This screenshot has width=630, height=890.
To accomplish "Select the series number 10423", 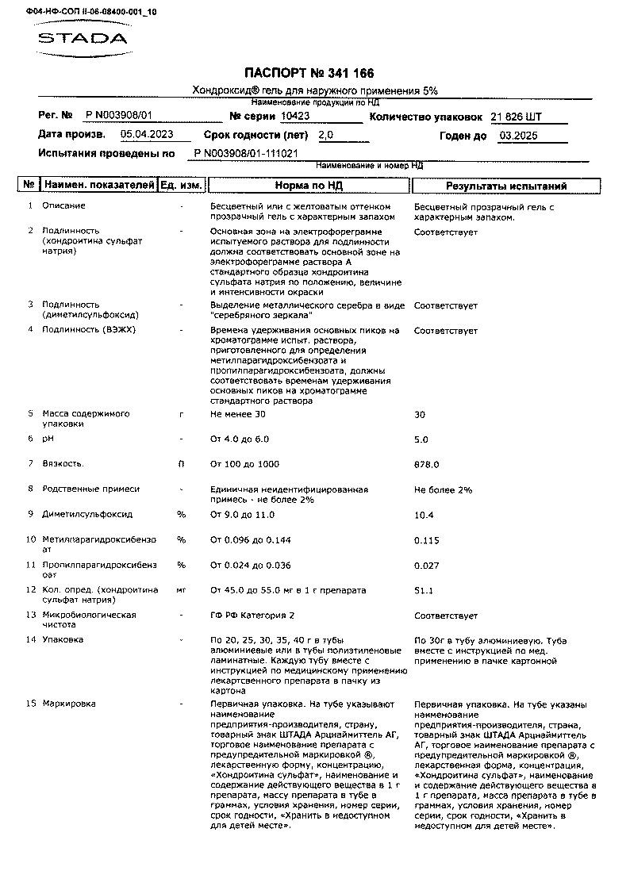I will pyautogui.click(x=295, y=116).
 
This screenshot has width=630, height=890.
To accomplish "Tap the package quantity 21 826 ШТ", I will pyautogui.click(x=517, y=117).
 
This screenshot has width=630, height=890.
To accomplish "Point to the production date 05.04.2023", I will pyautogui.click(x=147, y=135).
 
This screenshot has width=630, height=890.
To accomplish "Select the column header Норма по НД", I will pyautogui.click(x=308, y=186).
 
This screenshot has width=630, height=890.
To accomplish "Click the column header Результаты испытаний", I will pyautogui.click(x=505, y=186).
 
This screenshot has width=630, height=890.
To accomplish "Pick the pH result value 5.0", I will pyautogui.click(x=421, y=439).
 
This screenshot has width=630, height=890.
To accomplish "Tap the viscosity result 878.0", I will pyautogui.click(x=426, y=465).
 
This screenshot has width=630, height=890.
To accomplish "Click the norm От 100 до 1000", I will pyautogui.click(x=244, y=464).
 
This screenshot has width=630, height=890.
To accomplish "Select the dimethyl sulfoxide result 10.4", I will pyautogui.click(x=424, y=515).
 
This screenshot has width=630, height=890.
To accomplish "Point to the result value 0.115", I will pyautogui.click(x=426, y=540).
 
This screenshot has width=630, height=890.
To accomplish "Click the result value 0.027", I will pyautogui.click(x=426, y=566).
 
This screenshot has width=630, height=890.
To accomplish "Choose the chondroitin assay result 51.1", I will pyautogui.click(x=424, y=591).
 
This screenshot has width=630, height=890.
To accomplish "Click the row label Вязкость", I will pyautogui.click(x=63, y=464).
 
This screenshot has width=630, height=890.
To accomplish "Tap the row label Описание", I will pyautogui.click(x=63, y=206).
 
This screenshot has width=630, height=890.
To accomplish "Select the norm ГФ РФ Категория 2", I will pyautogui.click(x=252, y=616).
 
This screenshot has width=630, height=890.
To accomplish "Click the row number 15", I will pyautogui.click(x=31, y=704).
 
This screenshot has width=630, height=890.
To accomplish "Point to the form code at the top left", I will pyautogui.click(x=79, y=13).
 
